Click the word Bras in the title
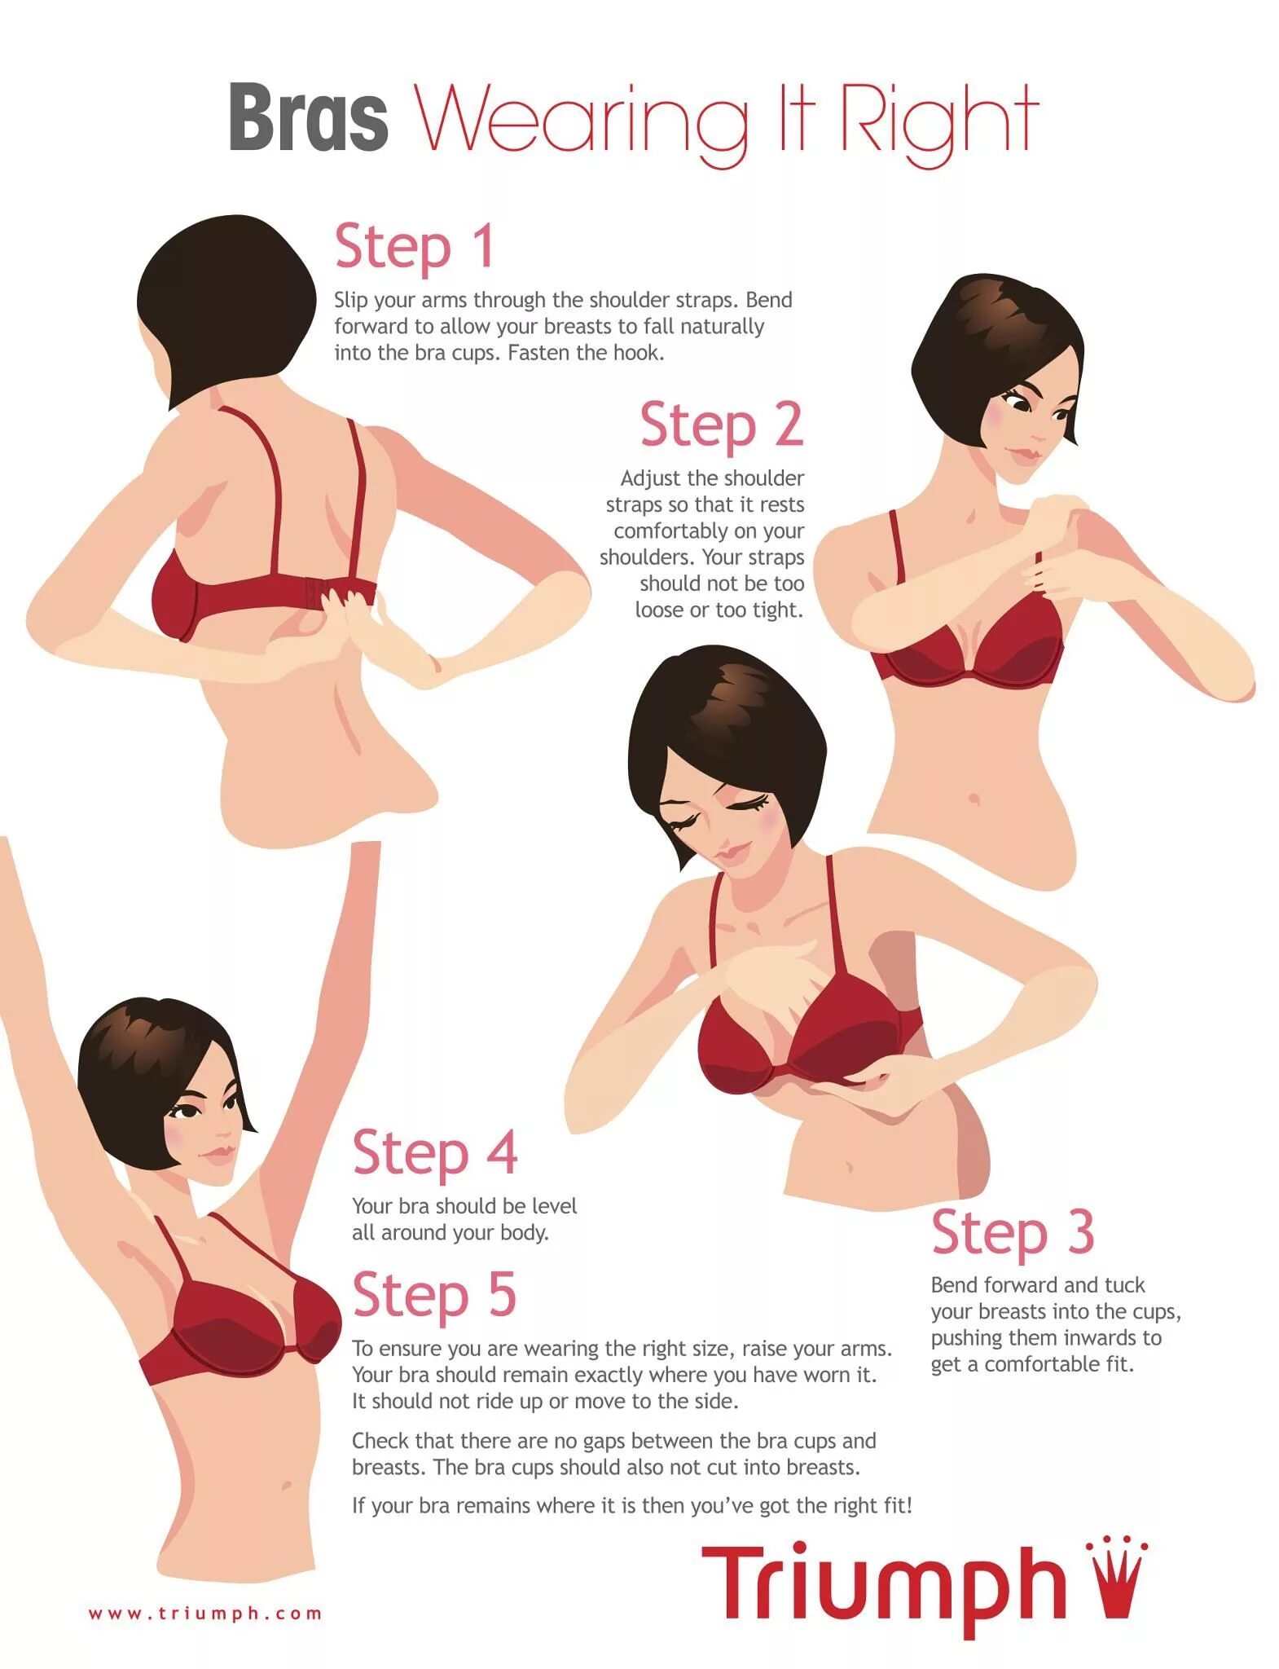(x=308, y=117)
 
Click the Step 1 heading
(x=415, y=245)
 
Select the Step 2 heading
(x=722, y=424)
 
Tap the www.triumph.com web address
(x=205, y=1613)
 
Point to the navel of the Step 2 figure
(x=973, y=798)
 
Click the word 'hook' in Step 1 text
(x=637, y=353)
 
